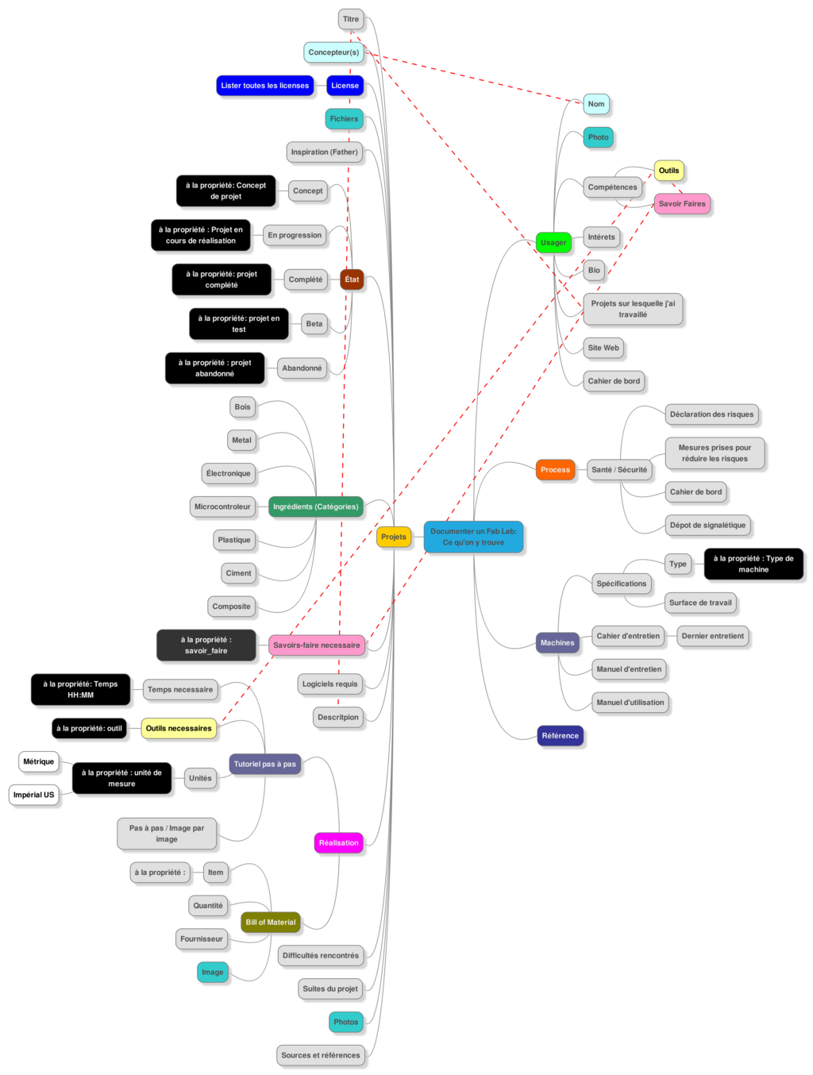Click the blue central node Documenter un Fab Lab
pos(473,537)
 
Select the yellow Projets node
pos(393,537)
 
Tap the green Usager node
pos(553,242)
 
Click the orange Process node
pos(555,469)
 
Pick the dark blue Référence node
pos(560,735)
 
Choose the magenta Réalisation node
pos(339,842)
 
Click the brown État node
pos(352,279)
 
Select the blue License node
pos(345,85)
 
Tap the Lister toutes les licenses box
pos(264,85)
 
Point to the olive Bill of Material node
pos(270,922)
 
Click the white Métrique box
pos(38,761)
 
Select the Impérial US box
pos(34,795)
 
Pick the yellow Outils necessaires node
pos(179,728)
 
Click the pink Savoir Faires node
pos(681,204)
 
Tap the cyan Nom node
pos(596,104)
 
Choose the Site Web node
pos(603,348)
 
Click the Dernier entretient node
pos(712,636)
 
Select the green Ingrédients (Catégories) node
pos(315,507)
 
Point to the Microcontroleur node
pos(222,507)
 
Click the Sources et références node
pos(321,1055)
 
